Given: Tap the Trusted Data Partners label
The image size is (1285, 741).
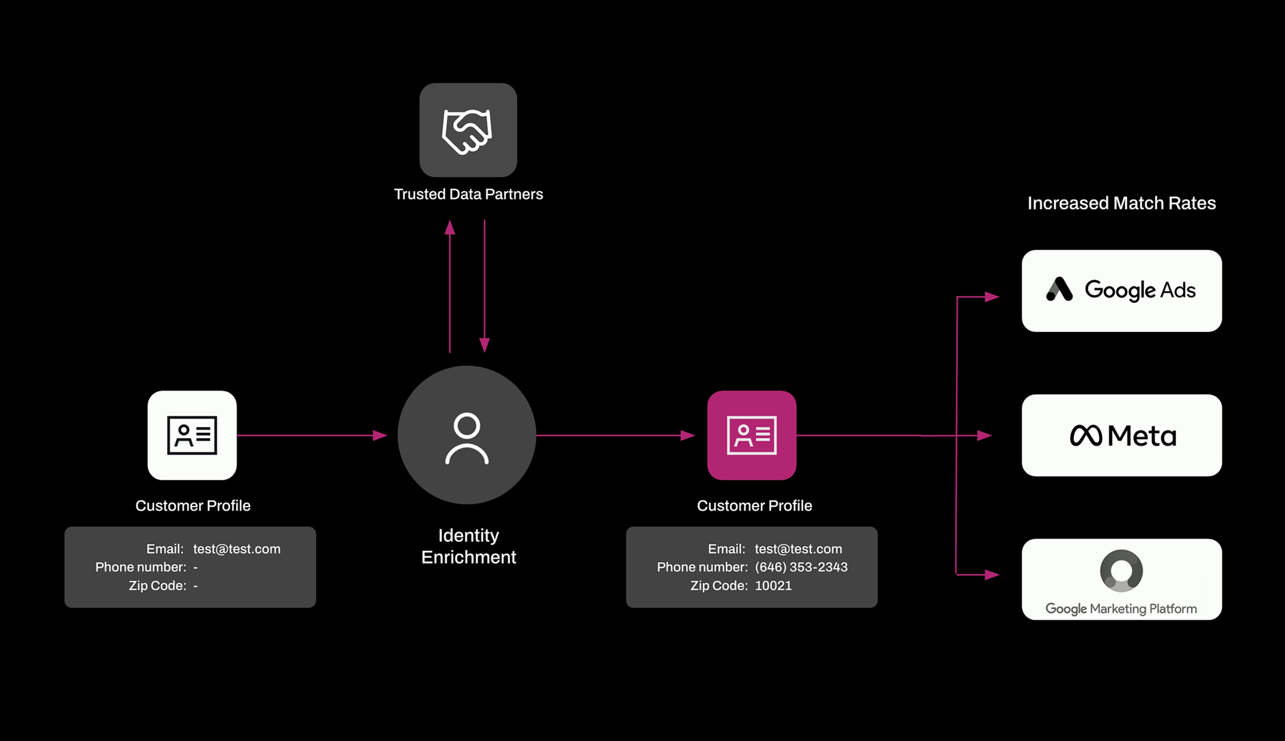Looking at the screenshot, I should [468, 194].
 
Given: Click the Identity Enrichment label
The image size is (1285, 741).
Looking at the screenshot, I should [468, 546].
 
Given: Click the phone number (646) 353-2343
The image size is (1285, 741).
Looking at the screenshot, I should [801, 567].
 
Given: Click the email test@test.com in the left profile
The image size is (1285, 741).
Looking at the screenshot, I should [237, 549].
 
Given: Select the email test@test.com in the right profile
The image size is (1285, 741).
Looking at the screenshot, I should [798, 549].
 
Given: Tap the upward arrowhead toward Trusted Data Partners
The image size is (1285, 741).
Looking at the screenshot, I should [450, 228].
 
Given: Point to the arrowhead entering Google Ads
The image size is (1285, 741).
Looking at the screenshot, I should [992, 297].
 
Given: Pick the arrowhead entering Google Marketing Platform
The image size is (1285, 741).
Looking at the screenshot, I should [992, 575].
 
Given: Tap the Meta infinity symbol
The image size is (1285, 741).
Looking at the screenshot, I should [1086, 436].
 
